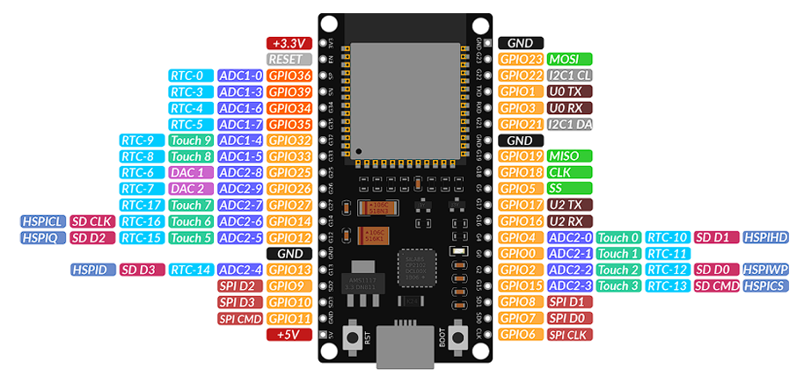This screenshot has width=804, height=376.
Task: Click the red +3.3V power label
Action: tap(289, 43)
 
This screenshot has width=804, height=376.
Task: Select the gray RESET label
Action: tap(289, 59)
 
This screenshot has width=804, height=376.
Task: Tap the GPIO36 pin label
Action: tap(289, 76)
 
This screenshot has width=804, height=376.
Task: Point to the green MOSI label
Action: tap(569, 59)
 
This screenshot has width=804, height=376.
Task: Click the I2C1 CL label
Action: tap(569, 76)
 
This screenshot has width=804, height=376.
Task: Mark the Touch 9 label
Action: tap(191, 141)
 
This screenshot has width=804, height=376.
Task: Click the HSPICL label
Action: tap(41, 221)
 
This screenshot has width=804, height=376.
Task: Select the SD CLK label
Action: tap(91, 221)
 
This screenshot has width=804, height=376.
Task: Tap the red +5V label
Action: tap(289, 335)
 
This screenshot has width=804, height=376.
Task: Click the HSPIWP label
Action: tap(765, 270)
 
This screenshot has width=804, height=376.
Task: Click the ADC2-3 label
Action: tap(569, 286)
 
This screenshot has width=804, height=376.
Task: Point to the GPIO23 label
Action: tap(521, 59)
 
